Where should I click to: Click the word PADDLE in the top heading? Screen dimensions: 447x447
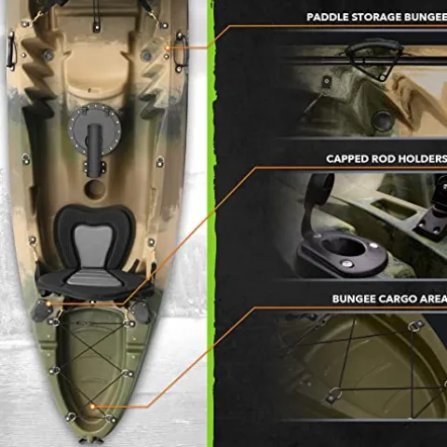(x=331, y=17)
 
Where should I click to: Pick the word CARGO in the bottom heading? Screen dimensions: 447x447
(x=389, y=299)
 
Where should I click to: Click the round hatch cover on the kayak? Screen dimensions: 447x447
(x=102, y=120)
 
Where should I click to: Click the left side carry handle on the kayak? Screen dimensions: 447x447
(x=12, y=47)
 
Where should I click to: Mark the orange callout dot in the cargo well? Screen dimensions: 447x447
(x=94, y=406)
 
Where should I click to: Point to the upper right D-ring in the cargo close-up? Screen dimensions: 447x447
(x=416, y=325)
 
